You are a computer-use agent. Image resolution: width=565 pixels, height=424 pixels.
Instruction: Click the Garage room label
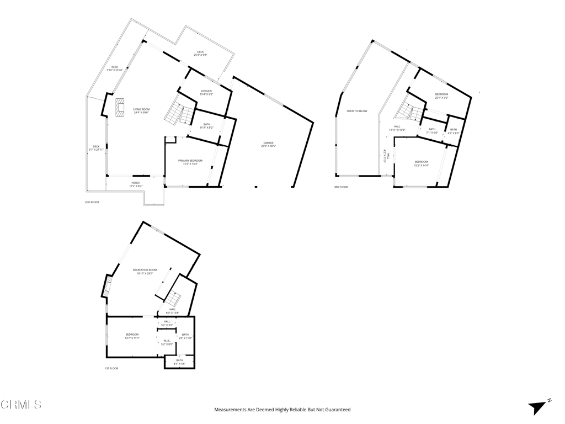[269, 144]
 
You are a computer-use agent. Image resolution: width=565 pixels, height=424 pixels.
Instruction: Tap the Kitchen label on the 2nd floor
[206, 93]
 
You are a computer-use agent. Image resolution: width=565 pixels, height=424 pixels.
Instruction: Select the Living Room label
[141, 110]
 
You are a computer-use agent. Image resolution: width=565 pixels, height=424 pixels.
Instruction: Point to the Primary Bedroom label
[190, 162]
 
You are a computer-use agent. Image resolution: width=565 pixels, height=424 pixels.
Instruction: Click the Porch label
[136, 184]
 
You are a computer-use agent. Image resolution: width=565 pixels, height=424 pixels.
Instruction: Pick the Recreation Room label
[145, 271]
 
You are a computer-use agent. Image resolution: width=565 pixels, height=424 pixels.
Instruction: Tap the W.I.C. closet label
[167, 342]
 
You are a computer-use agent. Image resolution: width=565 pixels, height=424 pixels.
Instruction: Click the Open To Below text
[357, 111]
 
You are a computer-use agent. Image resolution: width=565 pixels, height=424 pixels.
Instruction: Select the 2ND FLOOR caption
[91, 203]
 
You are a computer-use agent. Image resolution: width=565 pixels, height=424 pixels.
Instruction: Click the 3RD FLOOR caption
[340, 187]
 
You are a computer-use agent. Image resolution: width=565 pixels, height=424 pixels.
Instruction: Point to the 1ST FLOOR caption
[111, 368]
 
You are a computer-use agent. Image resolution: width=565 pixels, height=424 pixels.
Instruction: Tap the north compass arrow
[539, 407]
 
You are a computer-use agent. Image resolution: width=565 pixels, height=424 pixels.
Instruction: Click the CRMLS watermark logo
[21, 405]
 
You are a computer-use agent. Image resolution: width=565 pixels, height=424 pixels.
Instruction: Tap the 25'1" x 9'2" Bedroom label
[441, 96]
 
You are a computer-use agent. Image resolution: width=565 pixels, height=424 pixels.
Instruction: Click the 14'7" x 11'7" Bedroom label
[132, 336]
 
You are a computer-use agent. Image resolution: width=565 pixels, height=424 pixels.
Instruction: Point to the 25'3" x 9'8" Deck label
[200, 53]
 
